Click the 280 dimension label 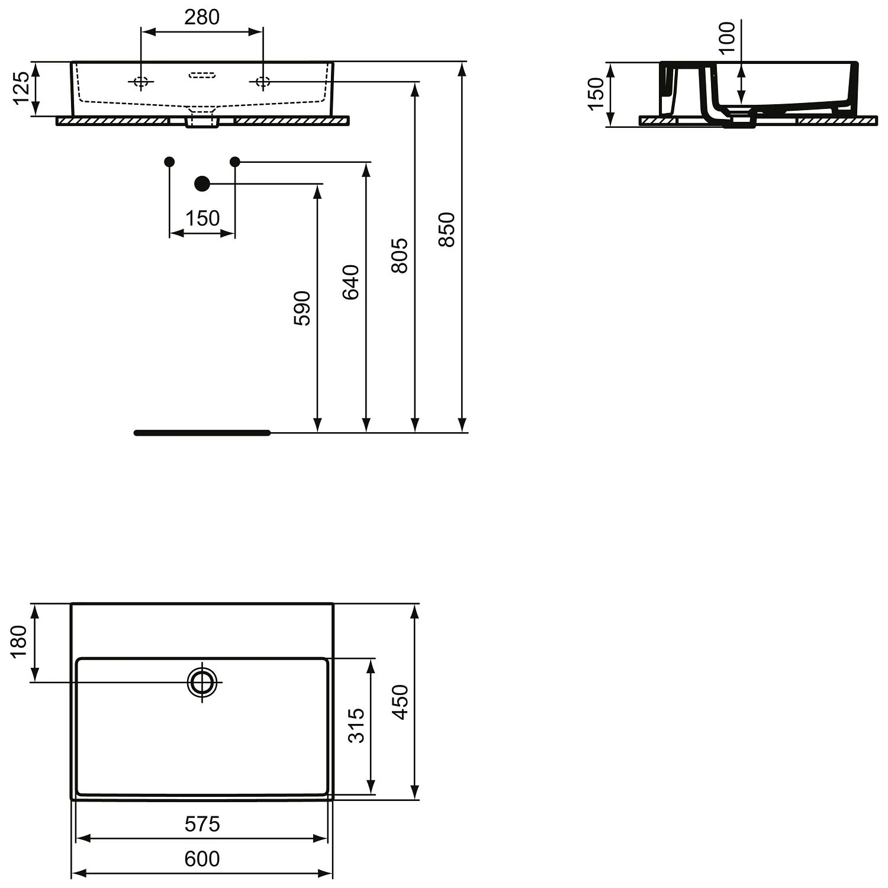click(x=202, y=17)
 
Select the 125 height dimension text click(x=21, y=88)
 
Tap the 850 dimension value click(x=447, y=229)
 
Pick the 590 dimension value click(x=302, y=308)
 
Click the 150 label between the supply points click(x=202, y=218)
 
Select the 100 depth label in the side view click(x=727, y=37)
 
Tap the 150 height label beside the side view click(x=596, y=94)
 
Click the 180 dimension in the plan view click(x=19, y=641)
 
